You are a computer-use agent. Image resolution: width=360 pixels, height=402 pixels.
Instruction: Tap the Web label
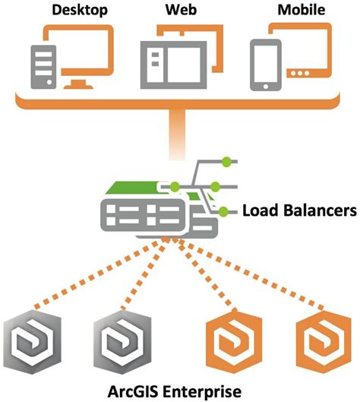coord(180,10)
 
